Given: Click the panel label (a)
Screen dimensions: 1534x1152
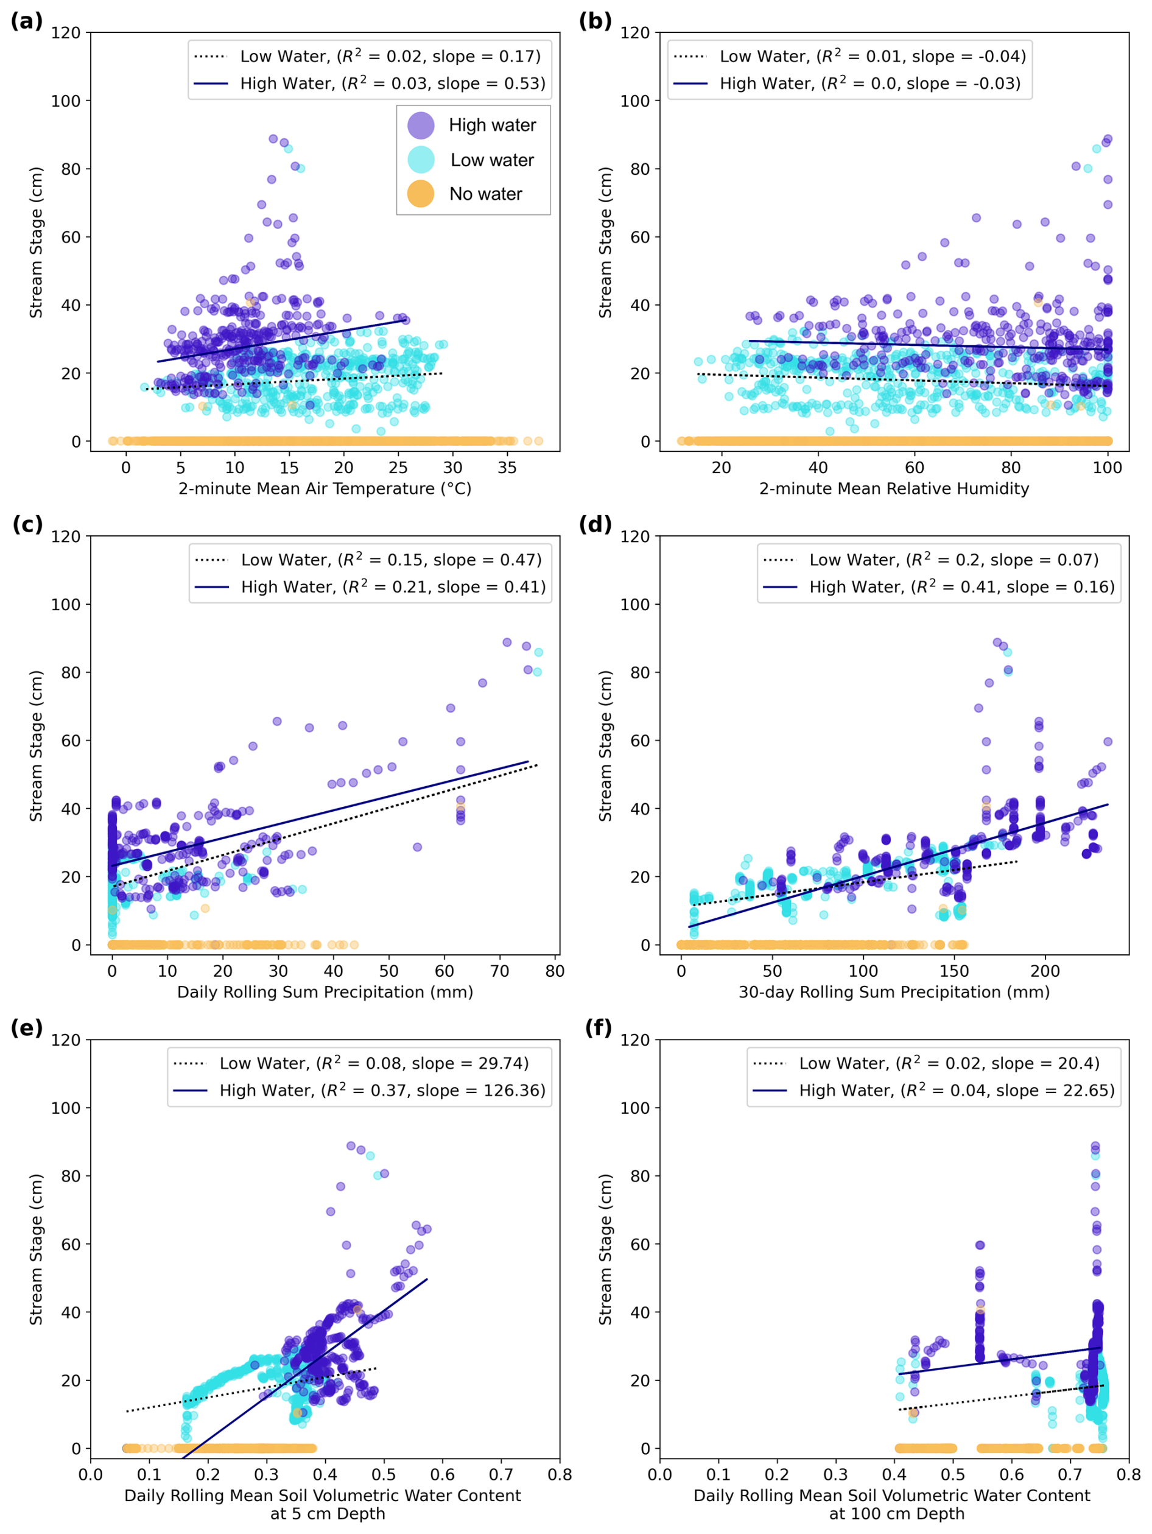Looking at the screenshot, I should [26, 21].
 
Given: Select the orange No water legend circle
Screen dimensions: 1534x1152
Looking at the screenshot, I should [420, 194].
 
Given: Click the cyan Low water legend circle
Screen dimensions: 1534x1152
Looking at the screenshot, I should [420, 160].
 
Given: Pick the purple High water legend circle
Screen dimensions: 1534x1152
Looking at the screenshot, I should [420, 125].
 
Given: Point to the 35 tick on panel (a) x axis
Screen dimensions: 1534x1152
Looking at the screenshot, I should [507, 468].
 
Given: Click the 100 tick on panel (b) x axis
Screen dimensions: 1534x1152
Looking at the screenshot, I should [1107, 468].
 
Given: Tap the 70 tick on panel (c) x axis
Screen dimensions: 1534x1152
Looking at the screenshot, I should [499, 971].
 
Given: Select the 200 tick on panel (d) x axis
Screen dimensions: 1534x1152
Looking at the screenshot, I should [1045, 971].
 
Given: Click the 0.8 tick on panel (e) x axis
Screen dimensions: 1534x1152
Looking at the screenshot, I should [559, 1474].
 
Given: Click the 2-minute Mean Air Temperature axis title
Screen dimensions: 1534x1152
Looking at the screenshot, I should [325, 489].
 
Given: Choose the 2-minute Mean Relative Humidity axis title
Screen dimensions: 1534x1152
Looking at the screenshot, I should [894, 489].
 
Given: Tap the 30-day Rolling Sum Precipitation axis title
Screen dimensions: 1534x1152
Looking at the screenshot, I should [894, 993].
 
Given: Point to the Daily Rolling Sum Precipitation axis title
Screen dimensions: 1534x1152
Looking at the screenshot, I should [325, 993].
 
